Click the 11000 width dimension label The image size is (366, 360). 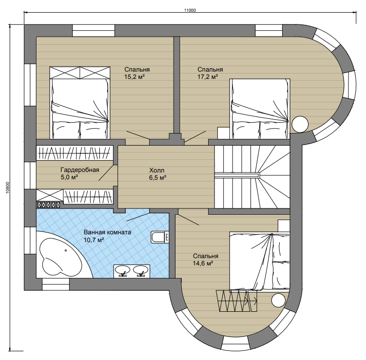[x=190, y=10]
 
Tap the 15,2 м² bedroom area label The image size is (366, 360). [x=135, y=77]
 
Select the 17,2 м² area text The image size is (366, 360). [x=208, y=77]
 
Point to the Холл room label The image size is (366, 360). [x=157, y=170]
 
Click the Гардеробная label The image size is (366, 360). [x=80, y=170]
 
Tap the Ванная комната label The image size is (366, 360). [x=107, y=232]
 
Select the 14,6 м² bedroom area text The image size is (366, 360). [x=203, y=264]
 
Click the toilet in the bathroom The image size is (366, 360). [x=160, y=237]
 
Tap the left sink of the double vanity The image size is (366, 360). [x=123, y=271]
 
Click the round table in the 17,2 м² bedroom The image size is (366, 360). [x=300, y=124]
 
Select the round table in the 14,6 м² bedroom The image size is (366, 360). [x=278, y=300]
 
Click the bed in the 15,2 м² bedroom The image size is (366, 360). [x=79, y=103]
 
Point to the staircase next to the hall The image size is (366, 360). [x=252, y=177]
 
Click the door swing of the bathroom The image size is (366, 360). [x=138, y=217]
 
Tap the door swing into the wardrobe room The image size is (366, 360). [x=106, y=173]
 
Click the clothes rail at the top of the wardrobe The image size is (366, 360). [x=75, y=153]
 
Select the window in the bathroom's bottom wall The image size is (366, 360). [x=56, y=284]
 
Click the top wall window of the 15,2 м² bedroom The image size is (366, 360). [x=94, y=31]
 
